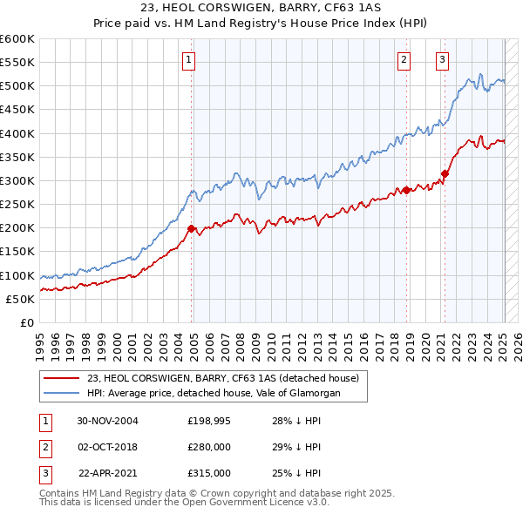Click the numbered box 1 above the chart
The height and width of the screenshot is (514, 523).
(188, 60)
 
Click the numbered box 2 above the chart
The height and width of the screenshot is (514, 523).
(404, 60)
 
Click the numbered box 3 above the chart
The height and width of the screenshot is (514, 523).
(442, 60)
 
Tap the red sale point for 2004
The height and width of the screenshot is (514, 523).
(191, 228)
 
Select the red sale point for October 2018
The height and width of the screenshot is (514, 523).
(406, 190)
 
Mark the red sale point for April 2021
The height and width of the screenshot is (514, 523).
(445, 173)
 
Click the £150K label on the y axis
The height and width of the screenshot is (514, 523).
(17, 252)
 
